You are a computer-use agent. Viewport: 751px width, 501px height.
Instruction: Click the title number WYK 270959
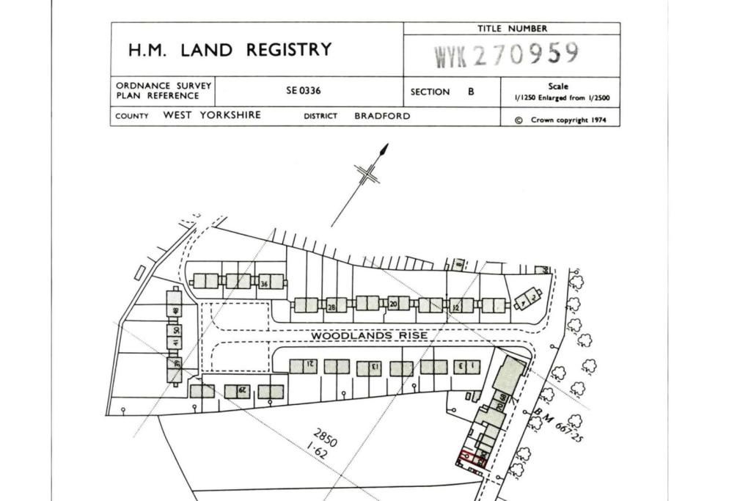pyautogui.click(x=507, y=55)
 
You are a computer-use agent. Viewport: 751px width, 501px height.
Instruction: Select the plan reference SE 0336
pyautogui.click(x=304, y=92)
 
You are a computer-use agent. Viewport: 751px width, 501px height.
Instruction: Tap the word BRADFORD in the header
pyautogui.click(x=382, y=116)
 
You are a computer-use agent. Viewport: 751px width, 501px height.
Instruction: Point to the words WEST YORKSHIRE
pyautogui.click(x=212, y=115)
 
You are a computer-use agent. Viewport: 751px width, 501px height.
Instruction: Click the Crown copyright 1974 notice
pyautogui.click(x=562, y=120)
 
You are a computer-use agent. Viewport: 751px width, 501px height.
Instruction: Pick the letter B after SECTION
pyautogui.click(x=471, y=92)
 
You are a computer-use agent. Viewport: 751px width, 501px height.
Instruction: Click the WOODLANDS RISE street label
pyautogui.click(x=369, y=335)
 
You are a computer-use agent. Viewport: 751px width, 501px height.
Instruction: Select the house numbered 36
pyautogui.click(x=265, y=282)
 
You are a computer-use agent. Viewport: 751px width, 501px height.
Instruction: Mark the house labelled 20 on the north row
pyautogui.click(x=394, y=303)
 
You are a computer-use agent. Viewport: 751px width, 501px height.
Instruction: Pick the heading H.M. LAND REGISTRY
pyautogui.click(x=230, y=50)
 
